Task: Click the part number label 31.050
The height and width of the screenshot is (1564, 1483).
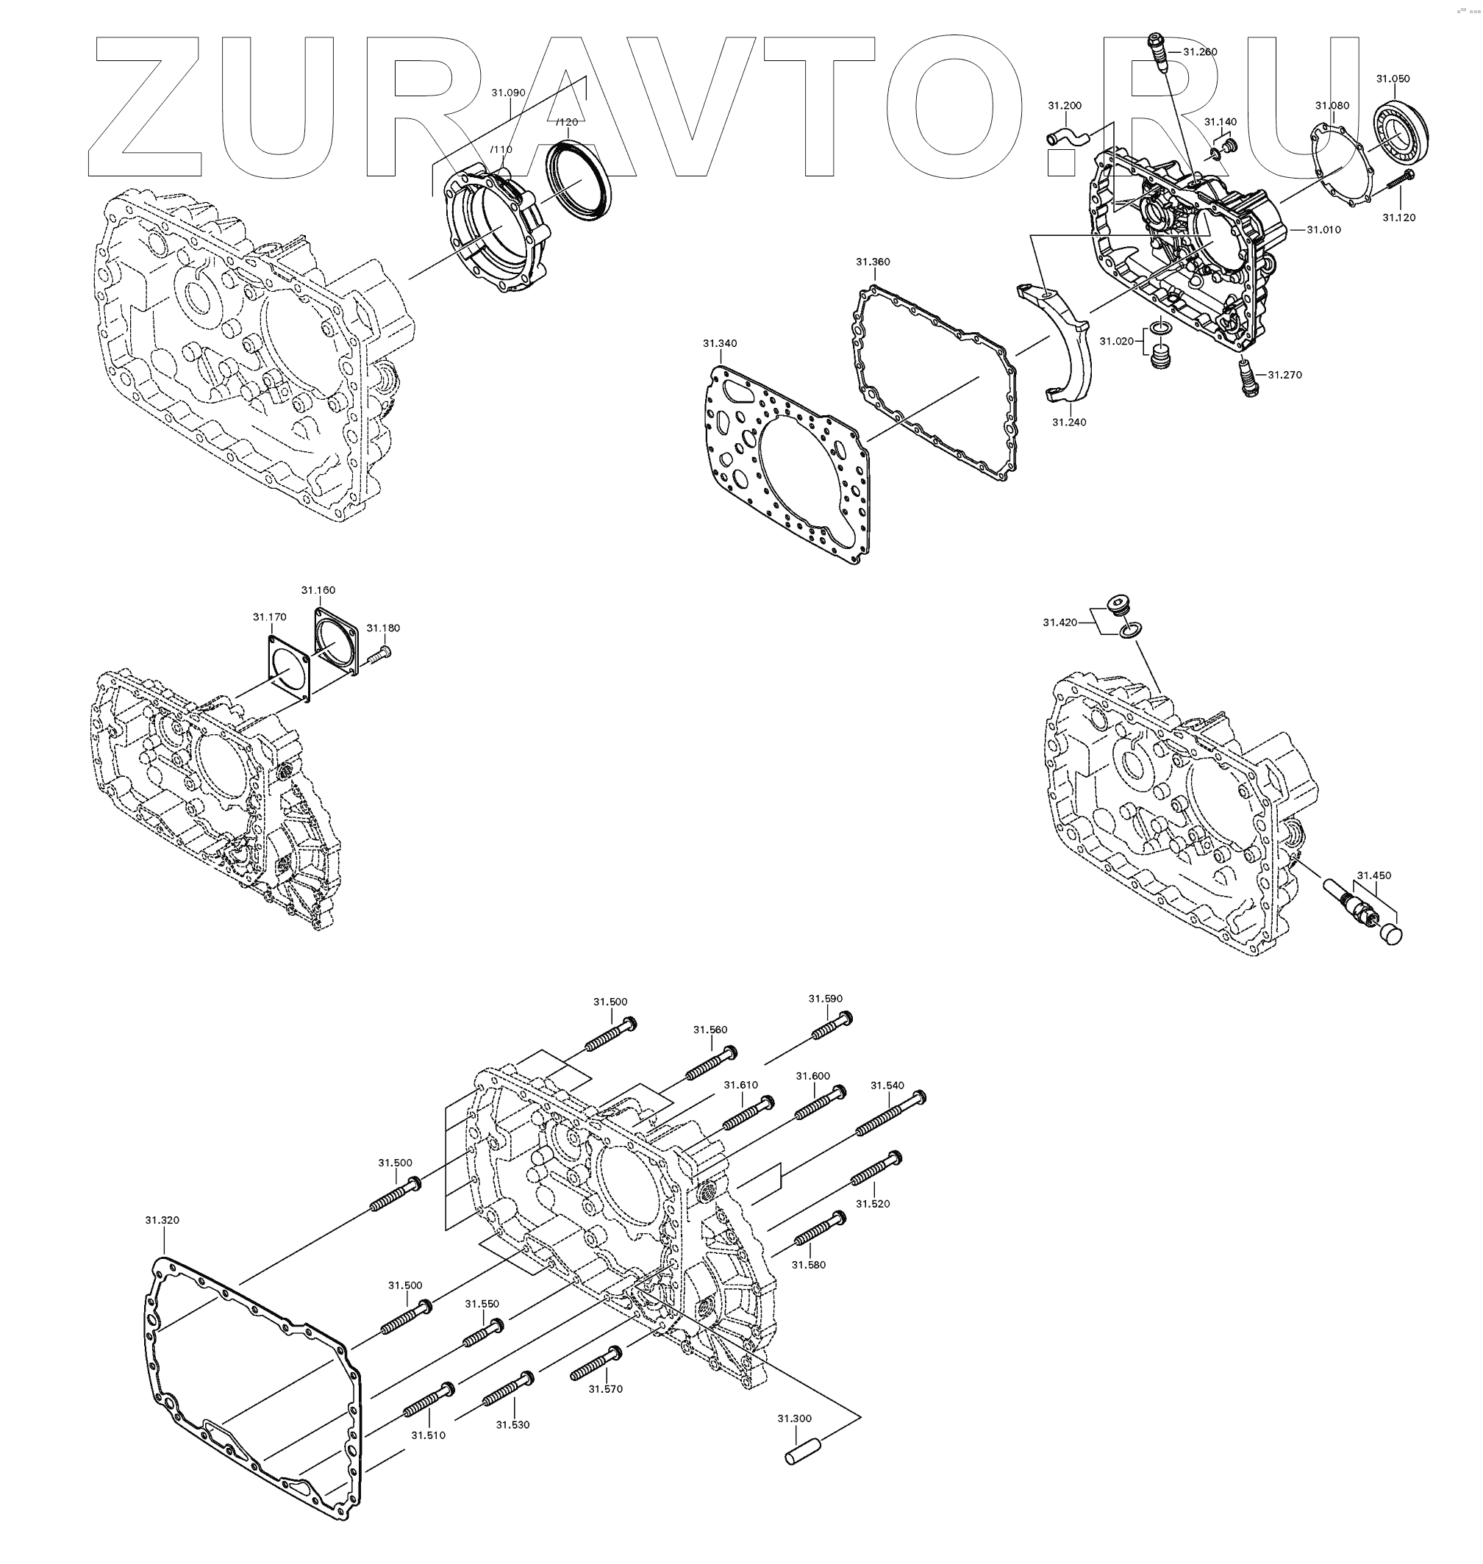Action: [x=1393, y=79]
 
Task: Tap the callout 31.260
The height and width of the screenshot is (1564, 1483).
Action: [x=1200, y=52]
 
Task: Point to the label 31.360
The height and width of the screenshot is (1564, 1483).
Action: [x=873, y=262]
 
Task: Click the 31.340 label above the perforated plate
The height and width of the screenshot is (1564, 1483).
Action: [x=719, y=344]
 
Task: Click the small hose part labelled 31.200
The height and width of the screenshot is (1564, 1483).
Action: [x=1067, y=137]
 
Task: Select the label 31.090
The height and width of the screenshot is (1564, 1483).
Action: [x=508, y=93]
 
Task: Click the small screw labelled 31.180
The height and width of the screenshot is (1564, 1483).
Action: [x=380, y=653]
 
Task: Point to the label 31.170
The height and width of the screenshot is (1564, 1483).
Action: [x=270, y=617]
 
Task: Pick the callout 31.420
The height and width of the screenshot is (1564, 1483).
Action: [x=1059, y=623]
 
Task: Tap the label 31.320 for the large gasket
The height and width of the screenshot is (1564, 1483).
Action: [x=162, y=1220]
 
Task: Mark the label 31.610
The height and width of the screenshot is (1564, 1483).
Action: [x=740, y=1085]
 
